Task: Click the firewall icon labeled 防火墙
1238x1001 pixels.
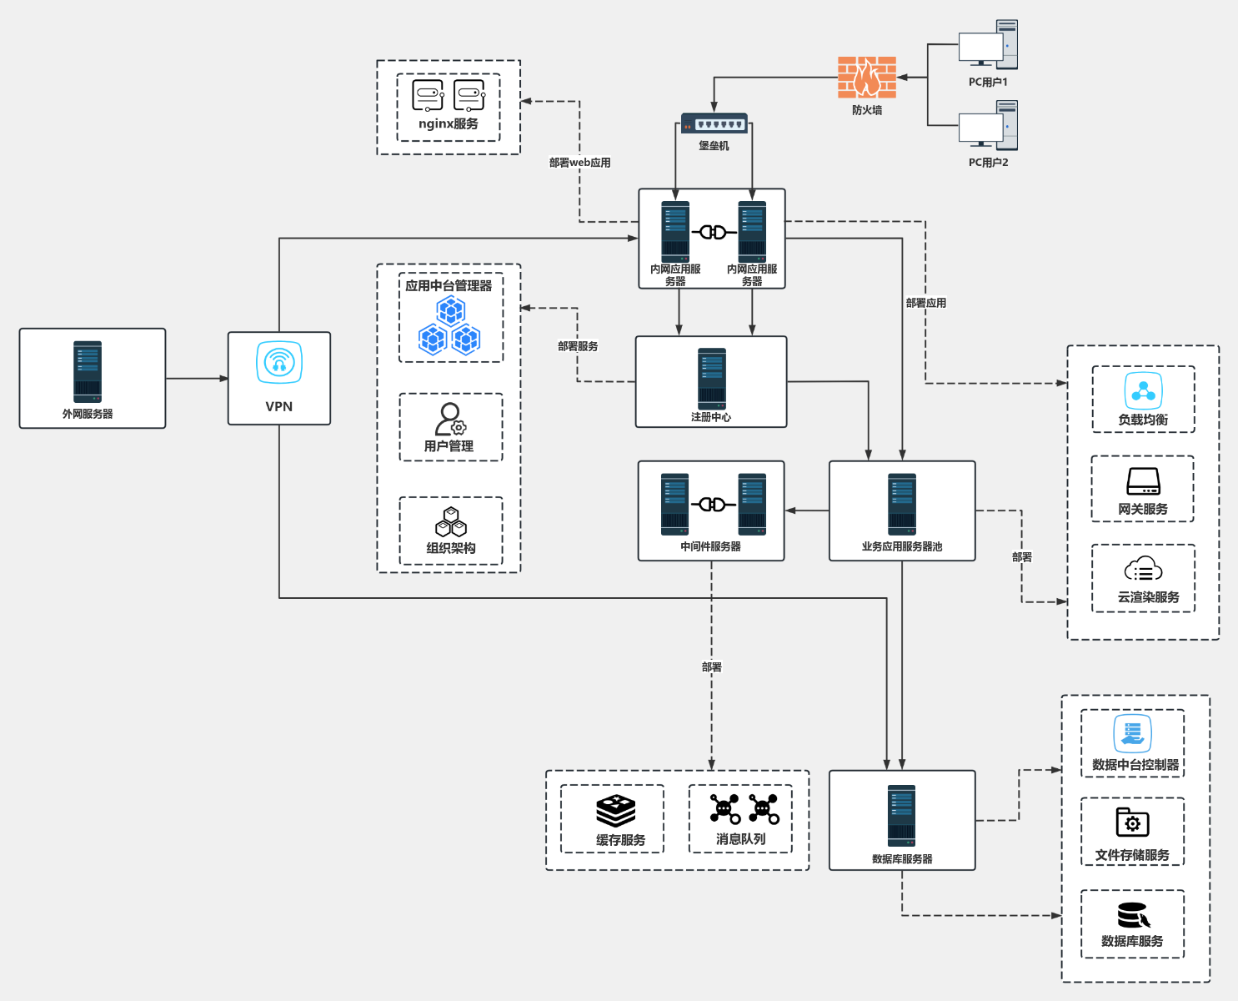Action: [x=867, y=78]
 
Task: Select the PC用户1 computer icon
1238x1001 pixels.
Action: [x=988, y=45]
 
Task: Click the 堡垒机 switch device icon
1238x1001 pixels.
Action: [x=714, y=123]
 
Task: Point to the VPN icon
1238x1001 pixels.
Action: [x=279, y=363]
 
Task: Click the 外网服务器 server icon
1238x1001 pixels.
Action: [x=88, y=371]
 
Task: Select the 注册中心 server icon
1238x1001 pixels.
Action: [x=711, y=378]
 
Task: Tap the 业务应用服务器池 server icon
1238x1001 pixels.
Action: [x=901, y=504]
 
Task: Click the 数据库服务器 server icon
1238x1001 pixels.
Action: [x=901, y=815]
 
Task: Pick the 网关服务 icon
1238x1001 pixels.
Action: [x=1143, y=481]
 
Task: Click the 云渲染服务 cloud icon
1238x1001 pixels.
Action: [x=1143, y=570]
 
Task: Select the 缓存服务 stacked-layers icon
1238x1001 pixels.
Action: [x=616, y=810]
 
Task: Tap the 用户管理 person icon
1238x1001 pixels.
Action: [x=450, y=419]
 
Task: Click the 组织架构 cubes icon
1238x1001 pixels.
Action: [x=451, y=523]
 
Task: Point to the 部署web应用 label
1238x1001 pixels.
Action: [x=579, y=163]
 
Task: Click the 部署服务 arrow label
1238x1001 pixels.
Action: [x=578, y=346]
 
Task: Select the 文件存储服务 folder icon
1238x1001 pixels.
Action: [x=1132, y=822]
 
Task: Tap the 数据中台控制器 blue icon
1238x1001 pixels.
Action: [x=1132, y=733]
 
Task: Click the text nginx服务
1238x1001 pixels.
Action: [x=449, y=123]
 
